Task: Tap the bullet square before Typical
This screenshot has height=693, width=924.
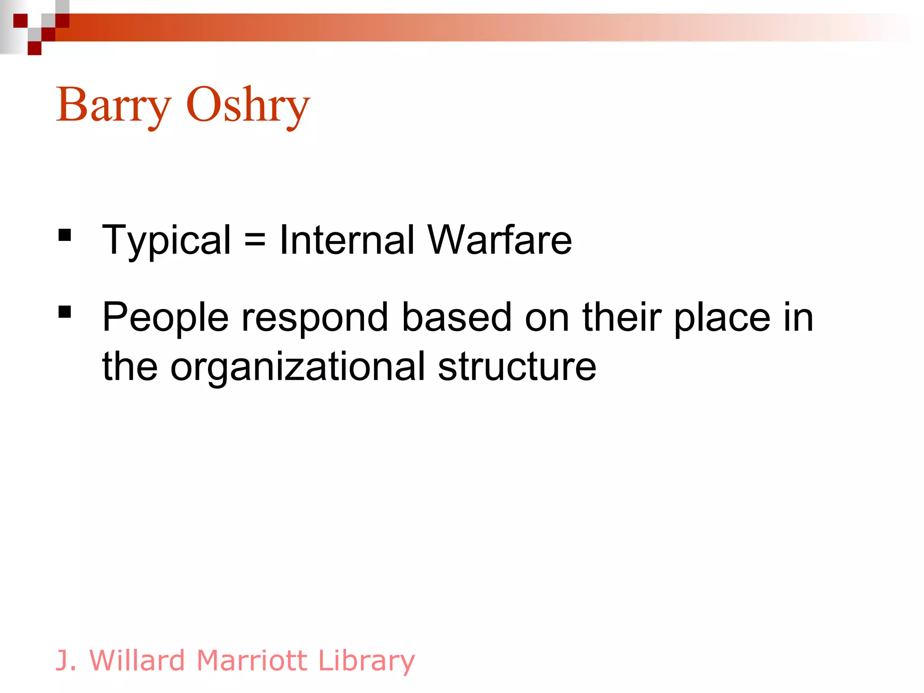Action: point(65,235)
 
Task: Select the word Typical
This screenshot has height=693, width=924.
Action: point(166,241)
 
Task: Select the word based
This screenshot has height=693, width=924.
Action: point(456,317)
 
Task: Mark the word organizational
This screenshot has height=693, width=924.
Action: point(298,367)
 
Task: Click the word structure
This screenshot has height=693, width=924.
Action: point(517,366)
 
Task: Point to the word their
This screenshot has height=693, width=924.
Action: point(622,317)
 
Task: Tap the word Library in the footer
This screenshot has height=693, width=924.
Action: point(366,661)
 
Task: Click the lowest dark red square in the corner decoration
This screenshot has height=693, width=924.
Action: point(34,48)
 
